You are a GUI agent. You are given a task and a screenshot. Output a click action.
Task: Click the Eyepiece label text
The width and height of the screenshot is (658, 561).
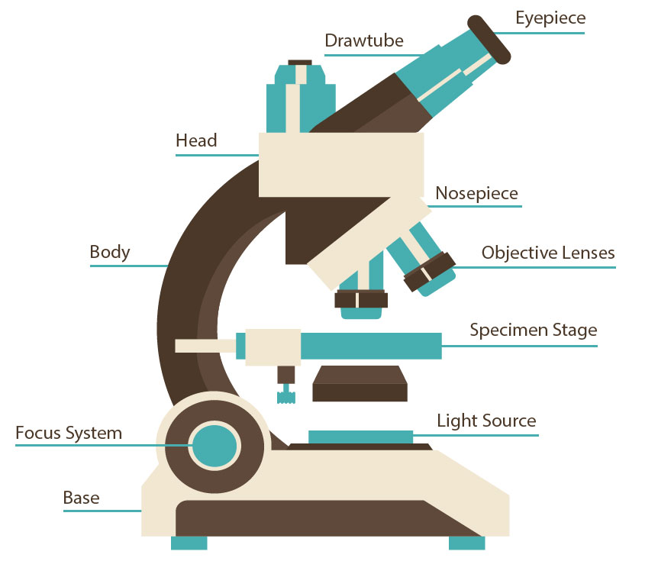[x=550, y=18]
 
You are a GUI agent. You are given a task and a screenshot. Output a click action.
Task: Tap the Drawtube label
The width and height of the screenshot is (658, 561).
[x=364, y=40]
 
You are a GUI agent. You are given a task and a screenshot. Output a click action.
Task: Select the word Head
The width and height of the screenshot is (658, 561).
[x=196, y=140]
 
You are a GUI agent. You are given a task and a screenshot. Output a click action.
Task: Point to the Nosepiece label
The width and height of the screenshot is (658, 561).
[x=476, y=194]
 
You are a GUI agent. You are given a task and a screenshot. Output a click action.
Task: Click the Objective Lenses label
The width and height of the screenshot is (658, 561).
[x=548, y=253]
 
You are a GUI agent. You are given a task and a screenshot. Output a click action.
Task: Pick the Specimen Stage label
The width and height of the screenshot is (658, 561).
[x=533, y=330]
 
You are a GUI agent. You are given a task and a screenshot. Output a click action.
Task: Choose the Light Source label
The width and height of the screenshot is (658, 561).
[x=486, y=421]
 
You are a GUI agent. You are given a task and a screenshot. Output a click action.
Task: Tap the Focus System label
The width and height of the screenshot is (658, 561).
[x=69, y=434]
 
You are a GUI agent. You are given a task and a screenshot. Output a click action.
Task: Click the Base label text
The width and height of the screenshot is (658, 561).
[x=81, y=498]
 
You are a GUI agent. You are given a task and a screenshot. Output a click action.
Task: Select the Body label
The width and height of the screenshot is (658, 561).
[x=110, y=252]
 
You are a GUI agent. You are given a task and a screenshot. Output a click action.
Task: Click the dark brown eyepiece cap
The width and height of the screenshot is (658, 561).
[x=489, y=39]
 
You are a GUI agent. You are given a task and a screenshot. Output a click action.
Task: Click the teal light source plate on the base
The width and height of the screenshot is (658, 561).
[x=360, y=437]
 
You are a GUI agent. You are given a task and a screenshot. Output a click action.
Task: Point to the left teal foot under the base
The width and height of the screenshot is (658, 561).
[x=189, y=543]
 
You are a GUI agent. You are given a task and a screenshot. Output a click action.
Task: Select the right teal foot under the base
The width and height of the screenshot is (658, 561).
[x=466, y=543]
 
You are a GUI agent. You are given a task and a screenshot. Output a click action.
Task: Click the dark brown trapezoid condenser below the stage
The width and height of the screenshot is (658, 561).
[x=360, y=384]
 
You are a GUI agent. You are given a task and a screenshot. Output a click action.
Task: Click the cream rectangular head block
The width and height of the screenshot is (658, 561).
[x=340, y=164]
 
